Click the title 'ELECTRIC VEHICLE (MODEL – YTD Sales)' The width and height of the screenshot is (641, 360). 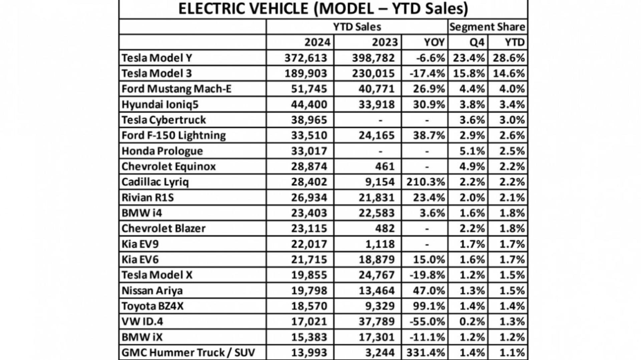tap(323, 9)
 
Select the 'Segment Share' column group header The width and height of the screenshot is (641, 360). tap(487, 27)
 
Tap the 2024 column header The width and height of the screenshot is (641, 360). tap(317, 42)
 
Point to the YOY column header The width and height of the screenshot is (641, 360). tap(434, 42)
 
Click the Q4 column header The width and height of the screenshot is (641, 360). tap(477, 42)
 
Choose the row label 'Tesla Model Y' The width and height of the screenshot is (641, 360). tap(157, 58)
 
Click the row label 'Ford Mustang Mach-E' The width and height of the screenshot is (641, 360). tap(176, 89)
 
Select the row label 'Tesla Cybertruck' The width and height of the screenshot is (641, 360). tap(164, 120)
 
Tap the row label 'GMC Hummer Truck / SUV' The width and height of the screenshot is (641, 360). tap(188, 352)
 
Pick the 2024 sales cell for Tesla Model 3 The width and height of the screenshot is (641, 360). tap(305, 73)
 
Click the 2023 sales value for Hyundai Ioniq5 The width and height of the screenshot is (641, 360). tap(377, 105)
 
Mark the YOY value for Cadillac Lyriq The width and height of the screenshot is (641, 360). tap(426, 182)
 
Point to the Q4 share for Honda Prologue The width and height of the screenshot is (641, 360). tap(472, 151)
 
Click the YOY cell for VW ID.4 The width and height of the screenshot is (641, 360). tap(427, 322)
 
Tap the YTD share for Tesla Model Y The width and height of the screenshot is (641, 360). tap(509, 58)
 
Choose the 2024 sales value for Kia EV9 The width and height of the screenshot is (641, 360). tap(309, 244)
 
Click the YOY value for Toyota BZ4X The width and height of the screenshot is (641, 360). tap(429, 306)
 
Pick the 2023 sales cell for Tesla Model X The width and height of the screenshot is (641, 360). tap(377, 275)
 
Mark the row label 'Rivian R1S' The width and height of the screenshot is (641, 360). tap(148, 197)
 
